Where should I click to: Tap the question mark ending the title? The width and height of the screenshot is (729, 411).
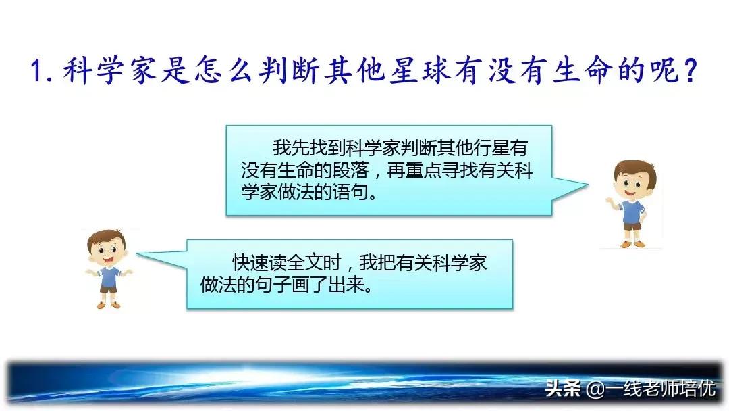(688, 70)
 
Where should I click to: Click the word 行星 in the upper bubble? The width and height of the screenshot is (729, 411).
(498, 148)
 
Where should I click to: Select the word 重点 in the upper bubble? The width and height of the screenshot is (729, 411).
(421, 170)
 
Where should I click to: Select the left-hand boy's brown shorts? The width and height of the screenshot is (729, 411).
(109, 287)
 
